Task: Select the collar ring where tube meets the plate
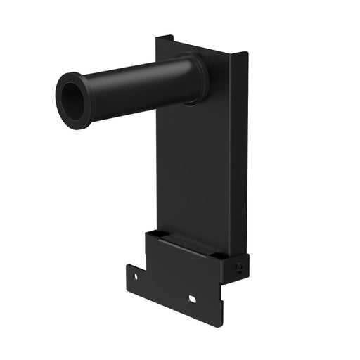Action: point(196,76)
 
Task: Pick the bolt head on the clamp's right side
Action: point(240,267)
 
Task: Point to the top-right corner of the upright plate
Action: point(247,54)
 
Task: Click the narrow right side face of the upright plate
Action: point(240,155)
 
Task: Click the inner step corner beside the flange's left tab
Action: point(146,264)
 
